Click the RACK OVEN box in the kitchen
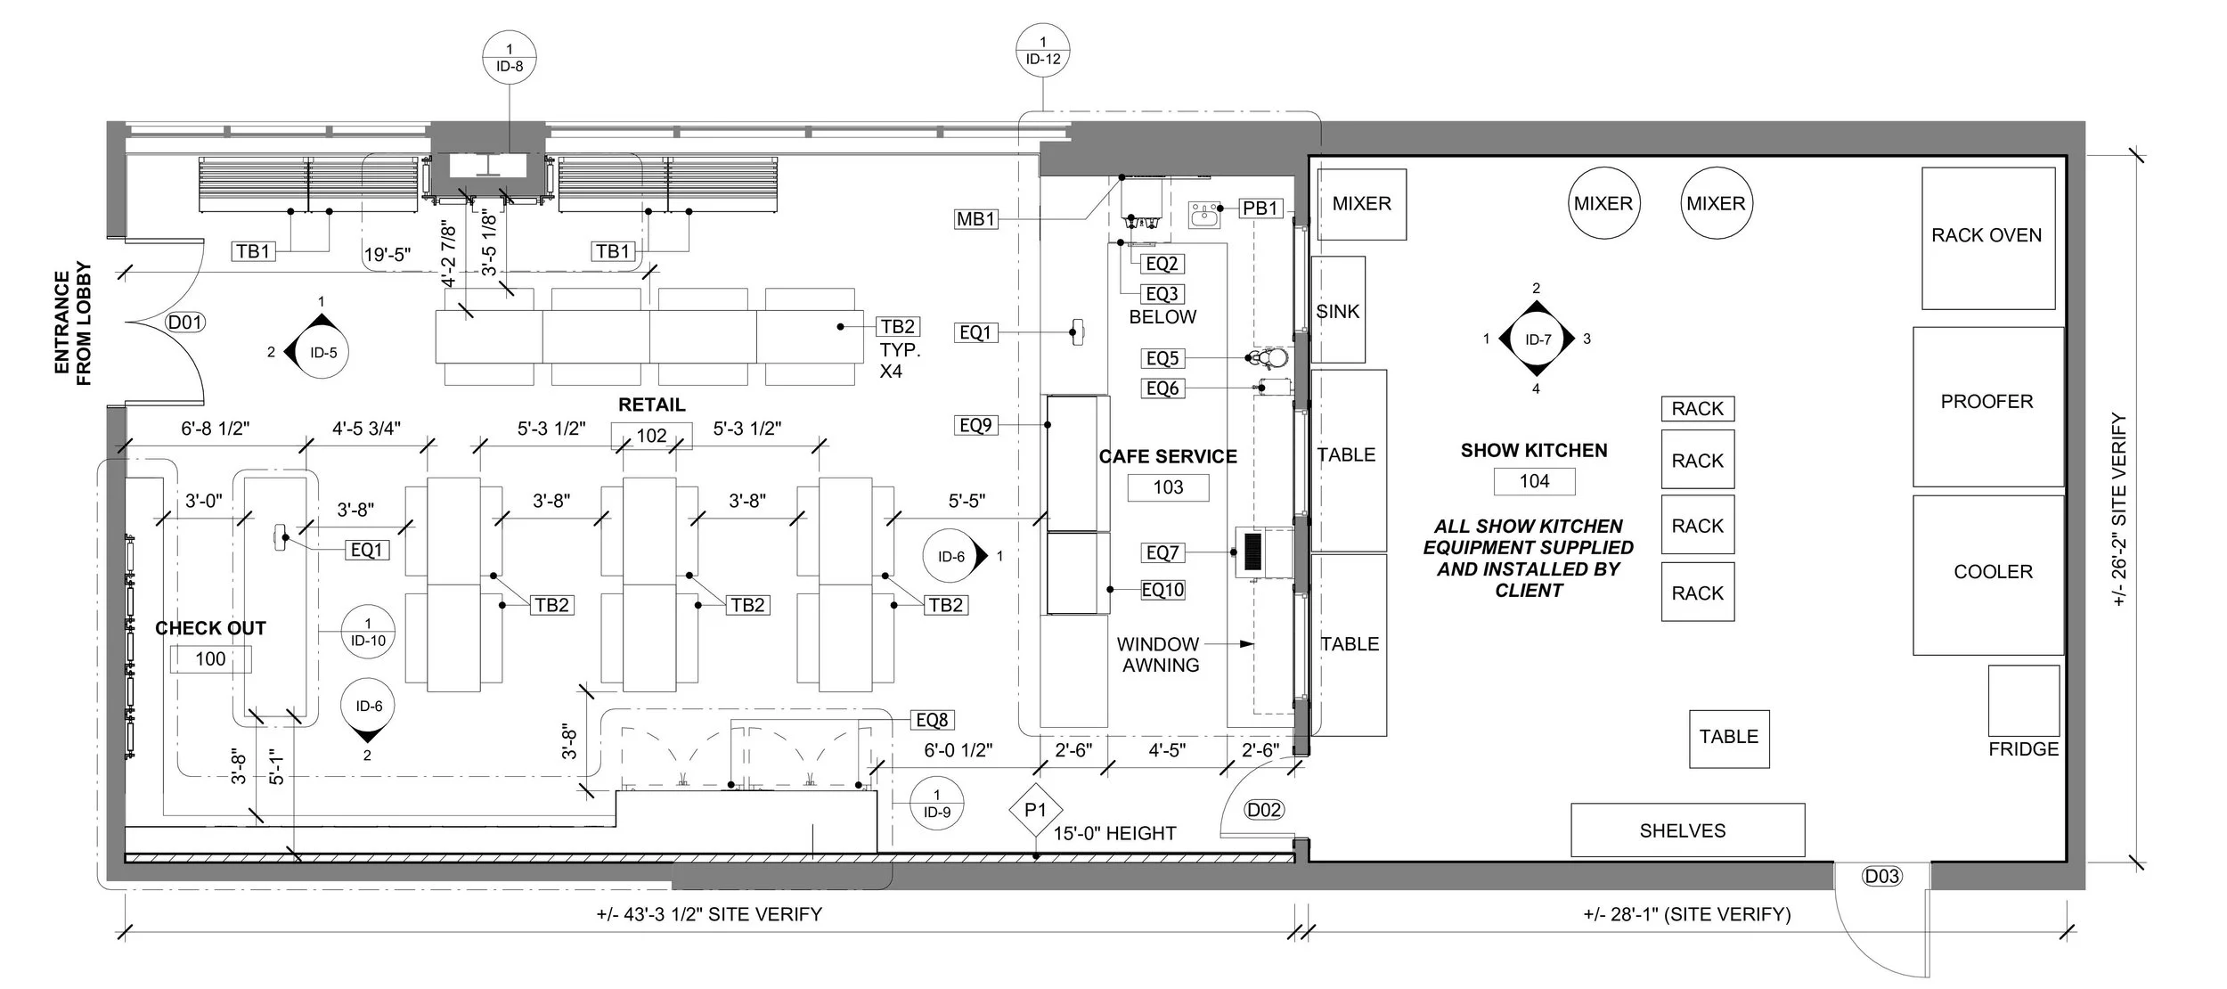1986,237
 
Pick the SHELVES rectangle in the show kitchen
1687,830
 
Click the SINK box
1338,310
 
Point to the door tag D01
185,323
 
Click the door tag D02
1264,810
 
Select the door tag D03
1881,877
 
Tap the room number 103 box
1168,487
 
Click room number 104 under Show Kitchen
1534,481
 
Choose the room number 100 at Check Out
210,659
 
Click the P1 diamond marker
1034,810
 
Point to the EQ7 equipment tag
1162,553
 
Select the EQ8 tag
933,720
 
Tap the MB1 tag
975,219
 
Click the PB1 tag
1260,208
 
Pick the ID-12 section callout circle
1042,51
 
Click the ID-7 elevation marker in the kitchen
1537,339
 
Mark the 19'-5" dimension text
387,255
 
